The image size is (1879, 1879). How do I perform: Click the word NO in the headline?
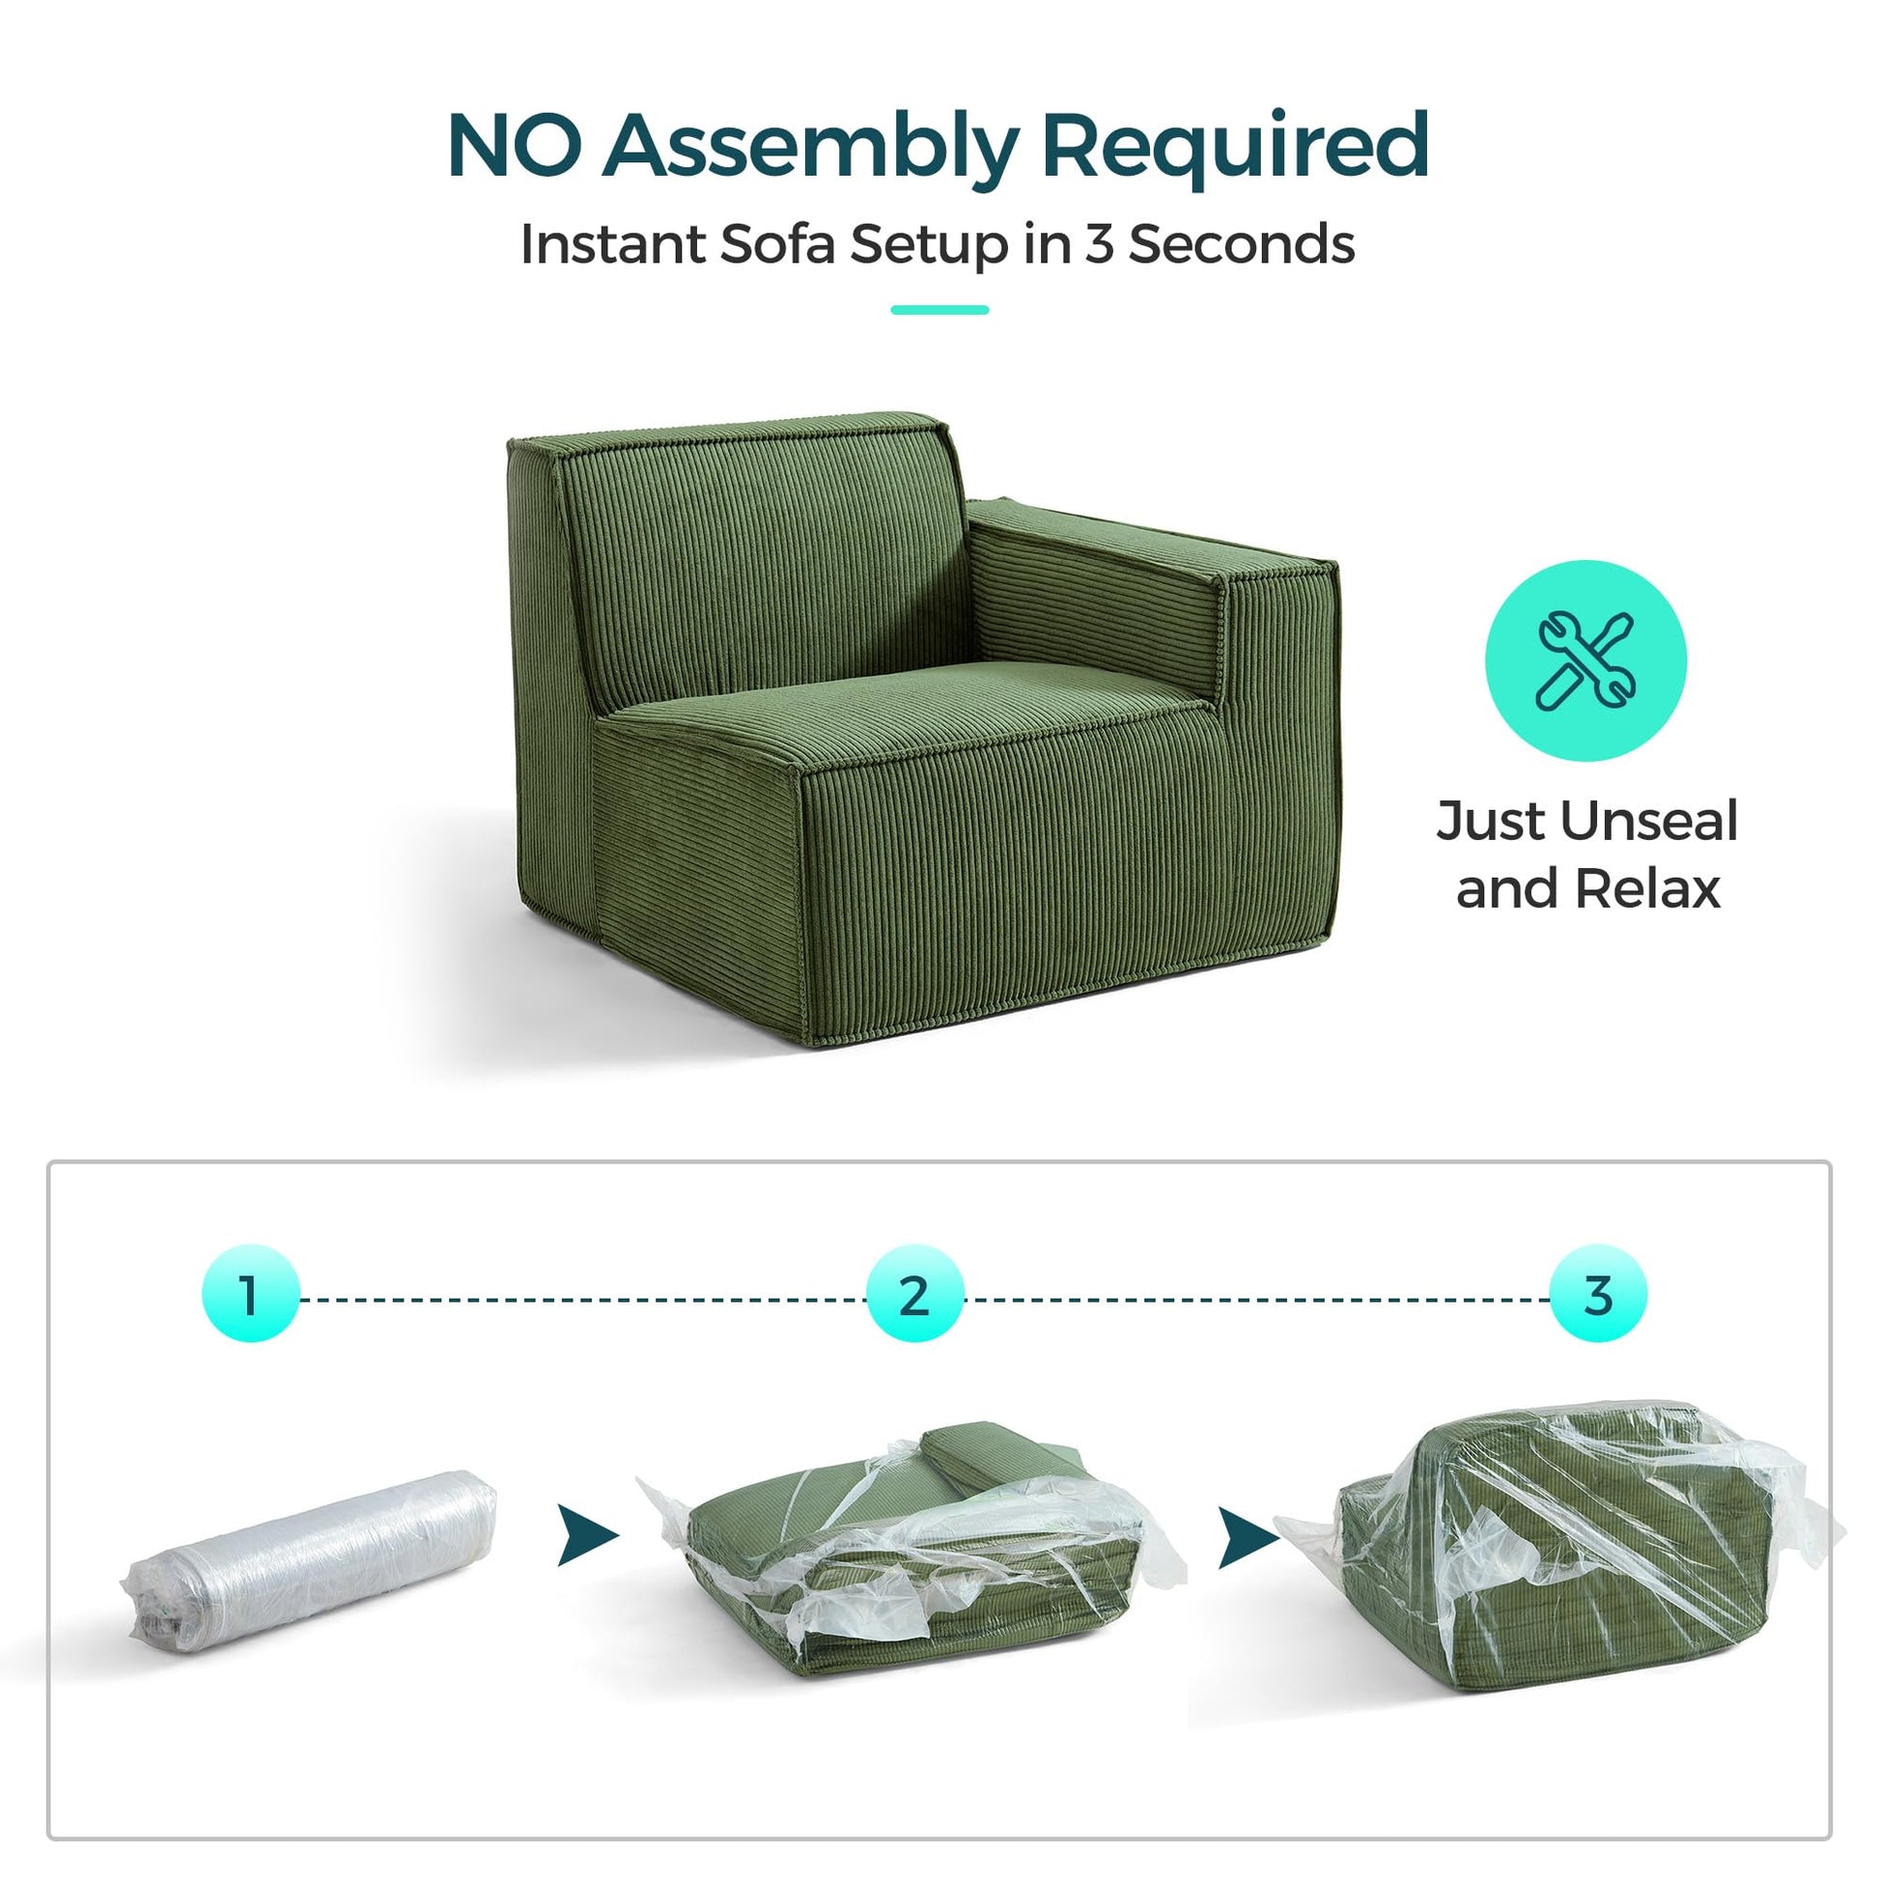pos(515,145)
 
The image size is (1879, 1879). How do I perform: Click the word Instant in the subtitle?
pos(613,243)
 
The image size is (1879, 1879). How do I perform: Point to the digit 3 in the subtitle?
pos(1099,243)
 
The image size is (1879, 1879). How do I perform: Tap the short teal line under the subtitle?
pos(939,310)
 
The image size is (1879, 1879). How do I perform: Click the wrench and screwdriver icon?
pos(1585,660)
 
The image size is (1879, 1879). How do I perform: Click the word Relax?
pos(1647,889)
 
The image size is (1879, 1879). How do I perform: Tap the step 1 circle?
pos(251,1294)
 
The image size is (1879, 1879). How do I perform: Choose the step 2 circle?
pos(914,1294)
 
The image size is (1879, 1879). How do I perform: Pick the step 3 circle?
pos(1598,1294)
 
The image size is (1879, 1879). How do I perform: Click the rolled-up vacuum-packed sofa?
pos(310,1567)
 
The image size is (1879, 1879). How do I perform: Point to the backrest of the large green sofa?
pos(759,554)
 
